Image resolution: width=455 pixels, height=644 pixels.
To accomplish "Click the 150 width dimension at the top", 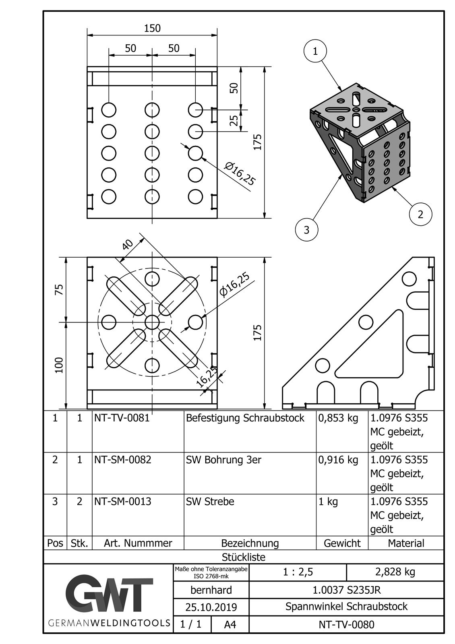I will point(152,28).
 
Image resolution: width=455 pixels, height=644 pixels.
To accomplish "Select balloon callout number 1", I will point(315,51).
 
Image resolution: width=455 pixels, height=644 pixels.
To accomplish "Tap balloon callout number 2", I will point(420,214).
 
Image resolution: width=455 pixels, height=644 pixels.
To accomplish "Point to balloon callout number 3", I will point(307,230).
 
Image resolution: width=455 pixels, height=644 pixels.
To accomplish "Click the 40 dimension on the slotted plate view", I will point(128,244).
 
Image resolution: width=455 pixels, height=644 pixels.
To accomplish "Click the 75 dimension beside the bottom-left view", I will point(59,289).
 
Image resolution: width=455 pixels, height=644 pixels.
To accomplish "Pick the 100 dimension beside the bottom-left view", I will point(59,365).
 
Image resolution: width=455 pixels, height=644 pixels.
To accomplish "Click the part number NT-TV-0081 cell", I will point(122,418).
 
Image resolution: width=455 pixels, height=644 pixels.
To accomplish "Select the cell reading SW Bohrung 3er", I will point(223,460).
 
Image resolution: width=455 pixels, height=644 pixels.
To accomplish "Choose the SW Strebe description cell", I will point(210,502).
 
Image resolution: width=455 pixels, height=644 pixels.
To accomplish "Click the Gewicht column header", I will point(342,543).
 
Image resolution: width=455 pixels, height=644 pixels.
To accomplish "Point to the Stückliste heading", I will point(244,557).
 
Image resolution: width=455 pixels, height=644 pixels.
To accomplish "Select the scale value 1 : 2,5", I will point(298,572).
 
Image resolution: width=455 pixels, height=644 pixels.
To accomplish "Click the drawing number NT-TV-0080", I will point(346,624).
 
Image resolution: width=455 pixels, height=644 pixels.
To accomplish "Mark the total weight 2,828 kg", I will point(395,572).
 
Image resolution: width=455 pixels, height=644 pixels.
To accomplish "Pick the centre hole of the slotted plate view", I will point(152,322).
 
